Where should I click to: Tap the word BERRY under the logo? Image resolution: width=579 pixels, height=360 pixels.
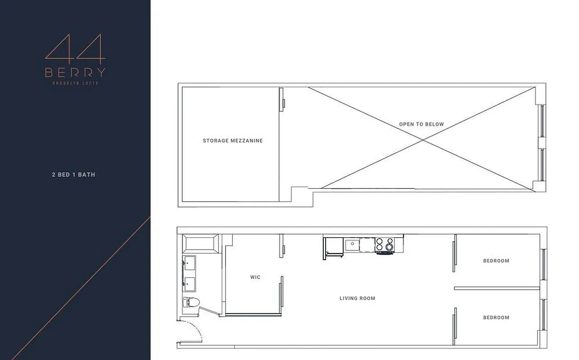point(75,72)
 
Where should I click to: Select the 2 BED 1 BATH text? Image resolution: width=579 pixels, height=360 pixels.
point(73,174)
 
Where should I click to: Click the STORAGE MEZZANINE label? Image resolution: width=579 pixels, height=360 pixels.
point(232,140)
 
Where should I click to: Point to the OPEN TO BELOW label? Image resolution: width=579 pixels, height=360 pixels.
point(421,124)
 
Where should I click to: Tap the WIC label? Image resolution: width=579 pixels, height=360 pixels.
point(255,277)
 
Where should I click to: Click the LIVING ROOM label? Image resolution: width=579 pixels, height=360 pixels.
point(357,298)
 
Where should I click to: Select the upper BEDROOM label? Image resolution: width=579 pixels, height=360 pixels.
point(496,261)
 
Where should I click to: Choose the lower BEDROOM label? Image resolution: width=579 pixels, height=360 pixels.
point(496,317)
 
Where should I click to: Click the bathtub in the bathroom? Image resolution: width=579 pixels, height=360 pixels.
point(201,243)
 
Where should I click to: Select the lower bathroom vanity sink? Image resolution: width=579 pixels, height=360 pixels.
point(190,284)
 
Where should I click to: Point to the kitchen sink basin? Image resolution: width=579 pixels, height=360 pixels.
point(352,245)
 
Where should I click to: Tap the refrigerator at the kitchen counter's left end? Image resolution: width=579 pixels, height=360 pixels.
point(333,247)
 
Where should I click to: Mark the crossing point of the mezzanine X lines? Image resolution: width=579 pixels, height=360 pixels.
point(423,140)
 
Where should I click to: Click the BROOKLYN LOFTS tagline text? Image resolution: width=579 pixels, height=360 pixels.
point(75,83)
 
